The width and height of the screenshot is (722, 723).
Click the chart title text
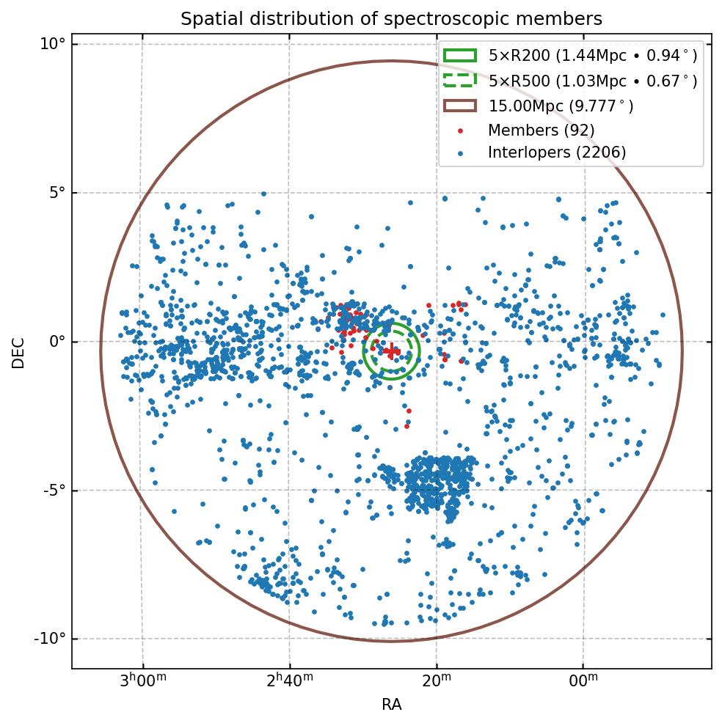pyautogui.click(x=391, y=19)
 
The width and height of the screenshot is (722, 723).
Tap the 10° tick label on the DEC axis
pyautogui.click(x=52, y=44)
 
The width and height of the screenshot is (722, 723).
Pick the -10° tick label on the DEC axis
pyautogui.click(x=49, y=639)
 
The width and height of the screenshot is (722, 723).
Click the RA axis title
pyautogui.click(x=391, y=705)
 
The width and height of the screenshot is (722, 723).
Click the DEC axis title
pyautogui.click(x=18, y=353)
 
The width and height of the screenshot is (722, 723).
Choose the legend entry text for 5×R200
pyautogui.click(x=592, y=56)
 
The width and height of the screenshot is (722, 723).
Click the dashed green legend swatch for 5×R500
pyautogui.click(x=460, y=80)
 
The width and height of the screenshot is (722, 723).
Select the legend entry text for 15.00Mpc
pyautogui.click(x=561, y=106)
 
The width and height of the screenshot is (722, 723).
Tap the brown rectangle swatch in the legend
pyautogui.click(x=460, y=106)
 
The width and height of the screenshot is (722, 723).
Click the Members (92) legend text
pyautogui.click(x=541, y=130)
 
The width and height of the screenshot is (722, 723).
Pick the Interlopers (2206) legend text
pyautogui.click(x=557, y=153)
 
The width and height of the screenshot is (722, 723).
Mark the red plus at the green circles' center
pyautogui.click(x=392, y=351)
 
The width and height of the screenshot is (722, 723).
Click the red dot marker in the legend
pyautogui.click(x=460, y=131)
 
